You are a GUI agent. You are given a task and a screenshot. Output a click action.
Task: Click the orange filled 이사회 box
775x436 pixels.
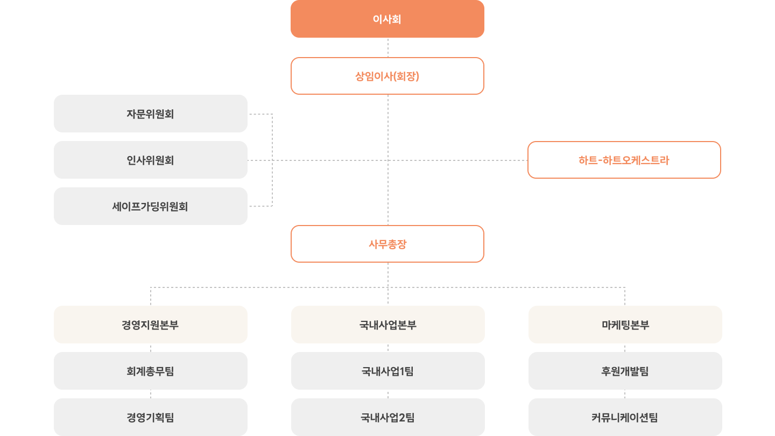pos(387,19)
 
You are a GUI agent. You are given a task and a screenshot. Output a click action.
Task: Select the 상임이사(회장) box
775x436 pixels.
pos(387,76)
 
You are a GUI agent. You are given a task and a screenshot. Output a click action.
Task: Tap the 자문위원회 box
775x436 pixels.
pos(151,114)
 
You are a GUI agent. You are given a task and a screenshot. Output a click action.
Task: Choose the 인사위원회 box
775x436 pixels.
pos(151,160)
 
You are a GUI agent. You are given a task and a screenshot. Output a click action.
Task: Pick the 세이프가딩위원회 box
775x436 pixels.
pos(151,206)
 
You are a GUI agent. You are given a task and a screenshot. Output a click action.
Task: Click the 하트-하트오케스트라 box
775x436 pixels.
pos(624,160)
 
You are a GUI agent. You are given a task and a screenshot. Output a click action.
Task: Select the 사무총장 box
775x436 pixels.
pos(387,244)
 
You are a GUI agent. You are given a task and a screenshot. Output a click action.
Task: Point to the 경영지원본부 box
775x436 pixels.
pos(151,325)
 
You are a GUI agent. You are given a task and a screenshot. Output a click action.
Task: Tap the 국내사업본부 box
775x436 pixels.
pos(388,325)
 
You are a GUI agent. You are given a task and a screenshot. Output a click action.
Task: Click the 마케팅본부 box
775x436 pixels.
pos(625,325)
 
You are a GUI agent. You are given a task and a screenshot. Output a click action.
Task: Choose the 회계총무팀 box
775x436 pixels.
pos(151,371)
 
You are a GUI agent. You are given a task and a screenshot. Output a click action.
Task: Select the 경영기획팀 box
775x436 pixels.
pos(151,417)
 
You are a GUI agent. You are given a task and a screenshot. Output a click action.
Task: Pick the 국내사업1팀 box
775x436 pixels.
pos(388,371)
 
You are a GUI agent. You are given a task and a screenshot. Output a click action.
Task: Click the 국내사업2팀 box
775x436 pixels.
pos(388,417)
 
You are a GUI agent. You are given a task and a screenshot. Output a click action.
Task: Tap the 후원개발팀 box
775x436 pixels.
pos(625,371)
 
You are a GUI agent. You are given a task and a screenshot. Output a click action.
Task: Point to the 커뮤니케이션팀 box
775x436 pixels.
pos(625,417)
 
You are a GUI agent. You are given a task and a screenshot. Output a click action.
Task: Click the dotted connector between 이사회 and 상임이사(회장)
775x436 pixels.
pos(388,47)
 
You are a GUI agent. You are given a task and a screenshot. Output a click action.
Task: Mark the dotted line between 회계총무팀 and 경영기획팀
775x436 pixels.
pos(151,394)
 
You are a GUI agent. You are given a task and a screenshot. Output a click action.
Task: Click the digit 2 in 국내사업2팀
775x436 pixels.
pos(402,418)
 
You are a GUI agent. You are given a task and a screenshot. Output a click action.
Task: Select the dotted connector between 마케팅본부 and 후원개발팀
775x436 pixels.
pos(625,348)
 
